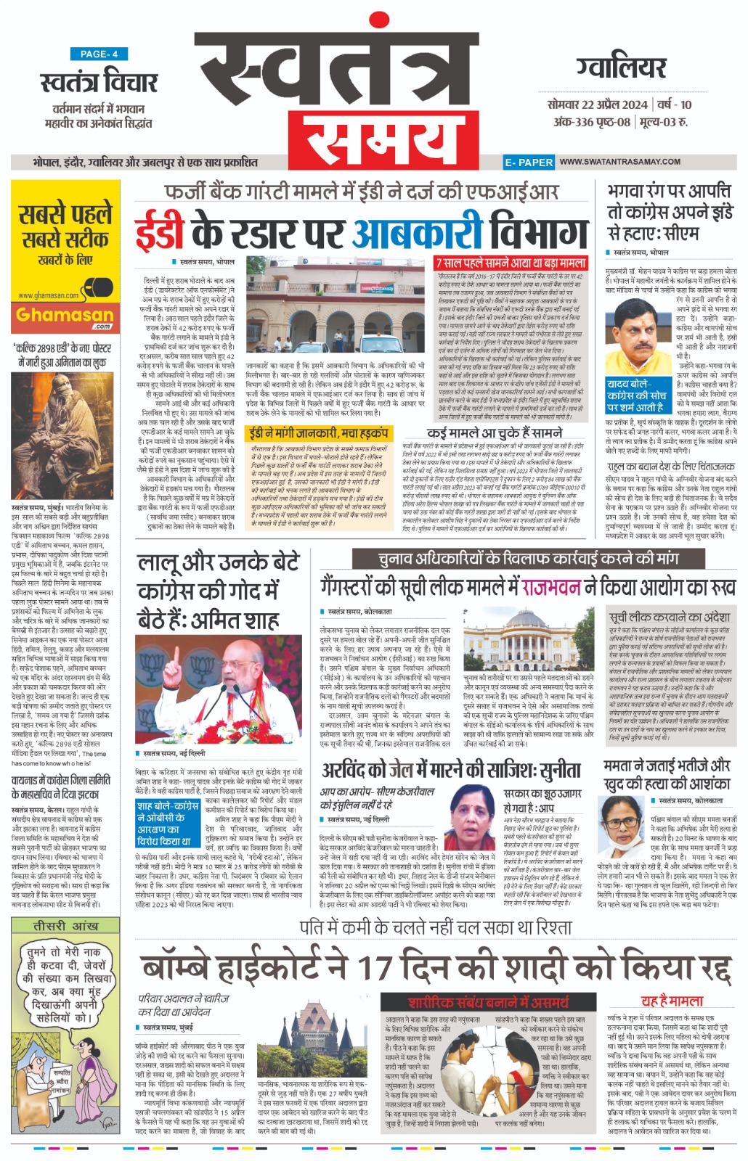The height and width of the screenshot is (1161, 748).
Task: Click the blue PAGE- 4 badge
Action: click(x=99, y=54)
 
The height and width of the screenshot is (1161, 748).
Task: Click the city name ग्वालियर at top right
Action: click(x=622, y=67)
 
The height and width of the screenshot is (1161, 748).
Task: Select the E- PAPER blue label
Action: click(x=529, y=163)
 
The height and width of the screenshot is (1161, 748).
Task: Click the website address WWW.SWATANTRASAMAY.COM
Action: click(x=619, y=162)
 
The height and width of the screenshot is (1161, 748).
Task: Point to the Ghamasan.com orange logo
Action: click(x=65, y=315)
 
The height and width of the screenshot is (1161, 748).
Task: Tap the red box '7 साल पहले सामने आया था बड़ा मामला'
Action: click(x=511, y=263)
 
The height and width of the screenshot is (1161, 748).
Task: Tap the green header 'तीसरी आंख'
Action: click(x=65, y=927)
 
